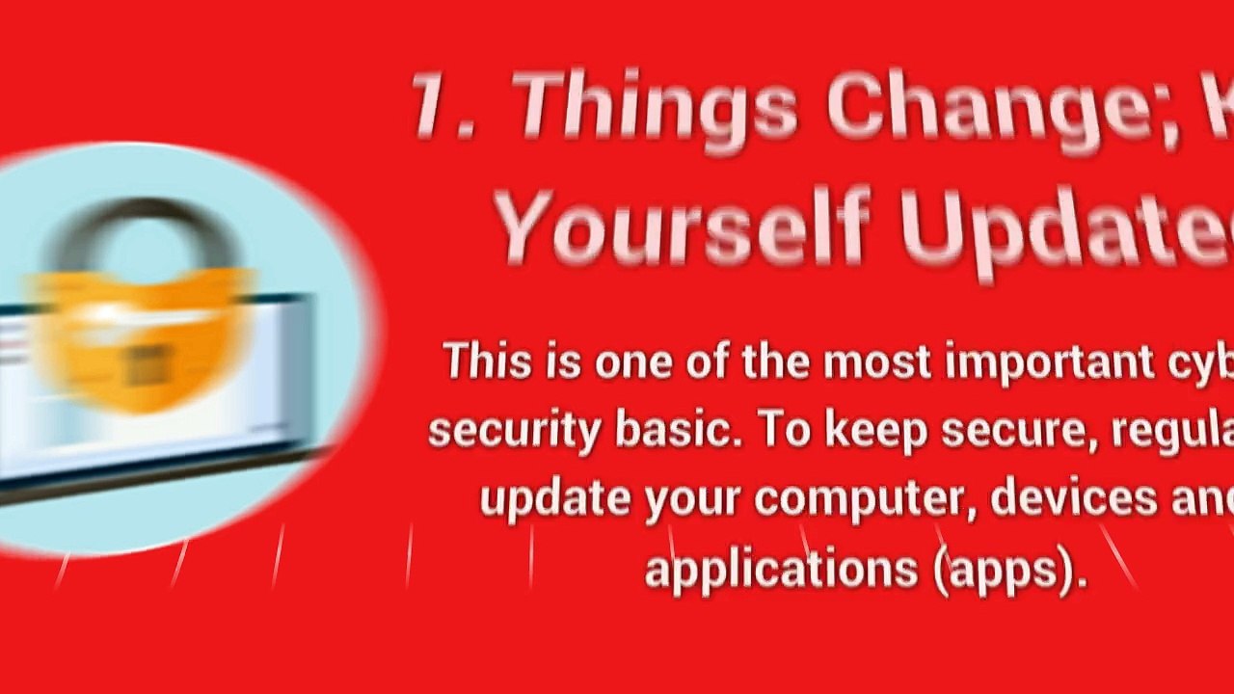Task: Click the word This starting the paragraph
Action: pos(487,361)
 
